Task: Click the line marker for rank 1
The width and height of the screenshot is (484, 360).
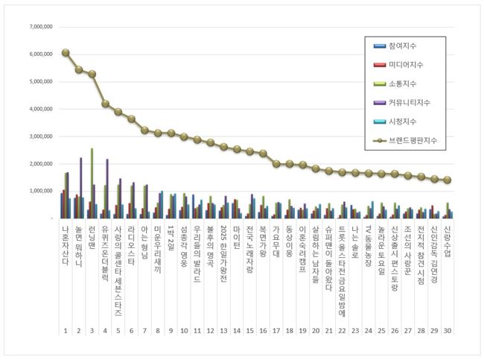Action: tap(66, 53)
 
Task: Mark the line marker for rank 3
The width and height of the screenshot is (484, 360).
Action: tap(92, 74)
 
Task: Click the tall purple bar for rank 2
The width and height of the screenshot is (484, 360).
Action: tap(80, 188)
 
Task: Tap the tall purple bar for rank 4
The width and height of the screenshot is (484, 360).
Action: tap(107, 188)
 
